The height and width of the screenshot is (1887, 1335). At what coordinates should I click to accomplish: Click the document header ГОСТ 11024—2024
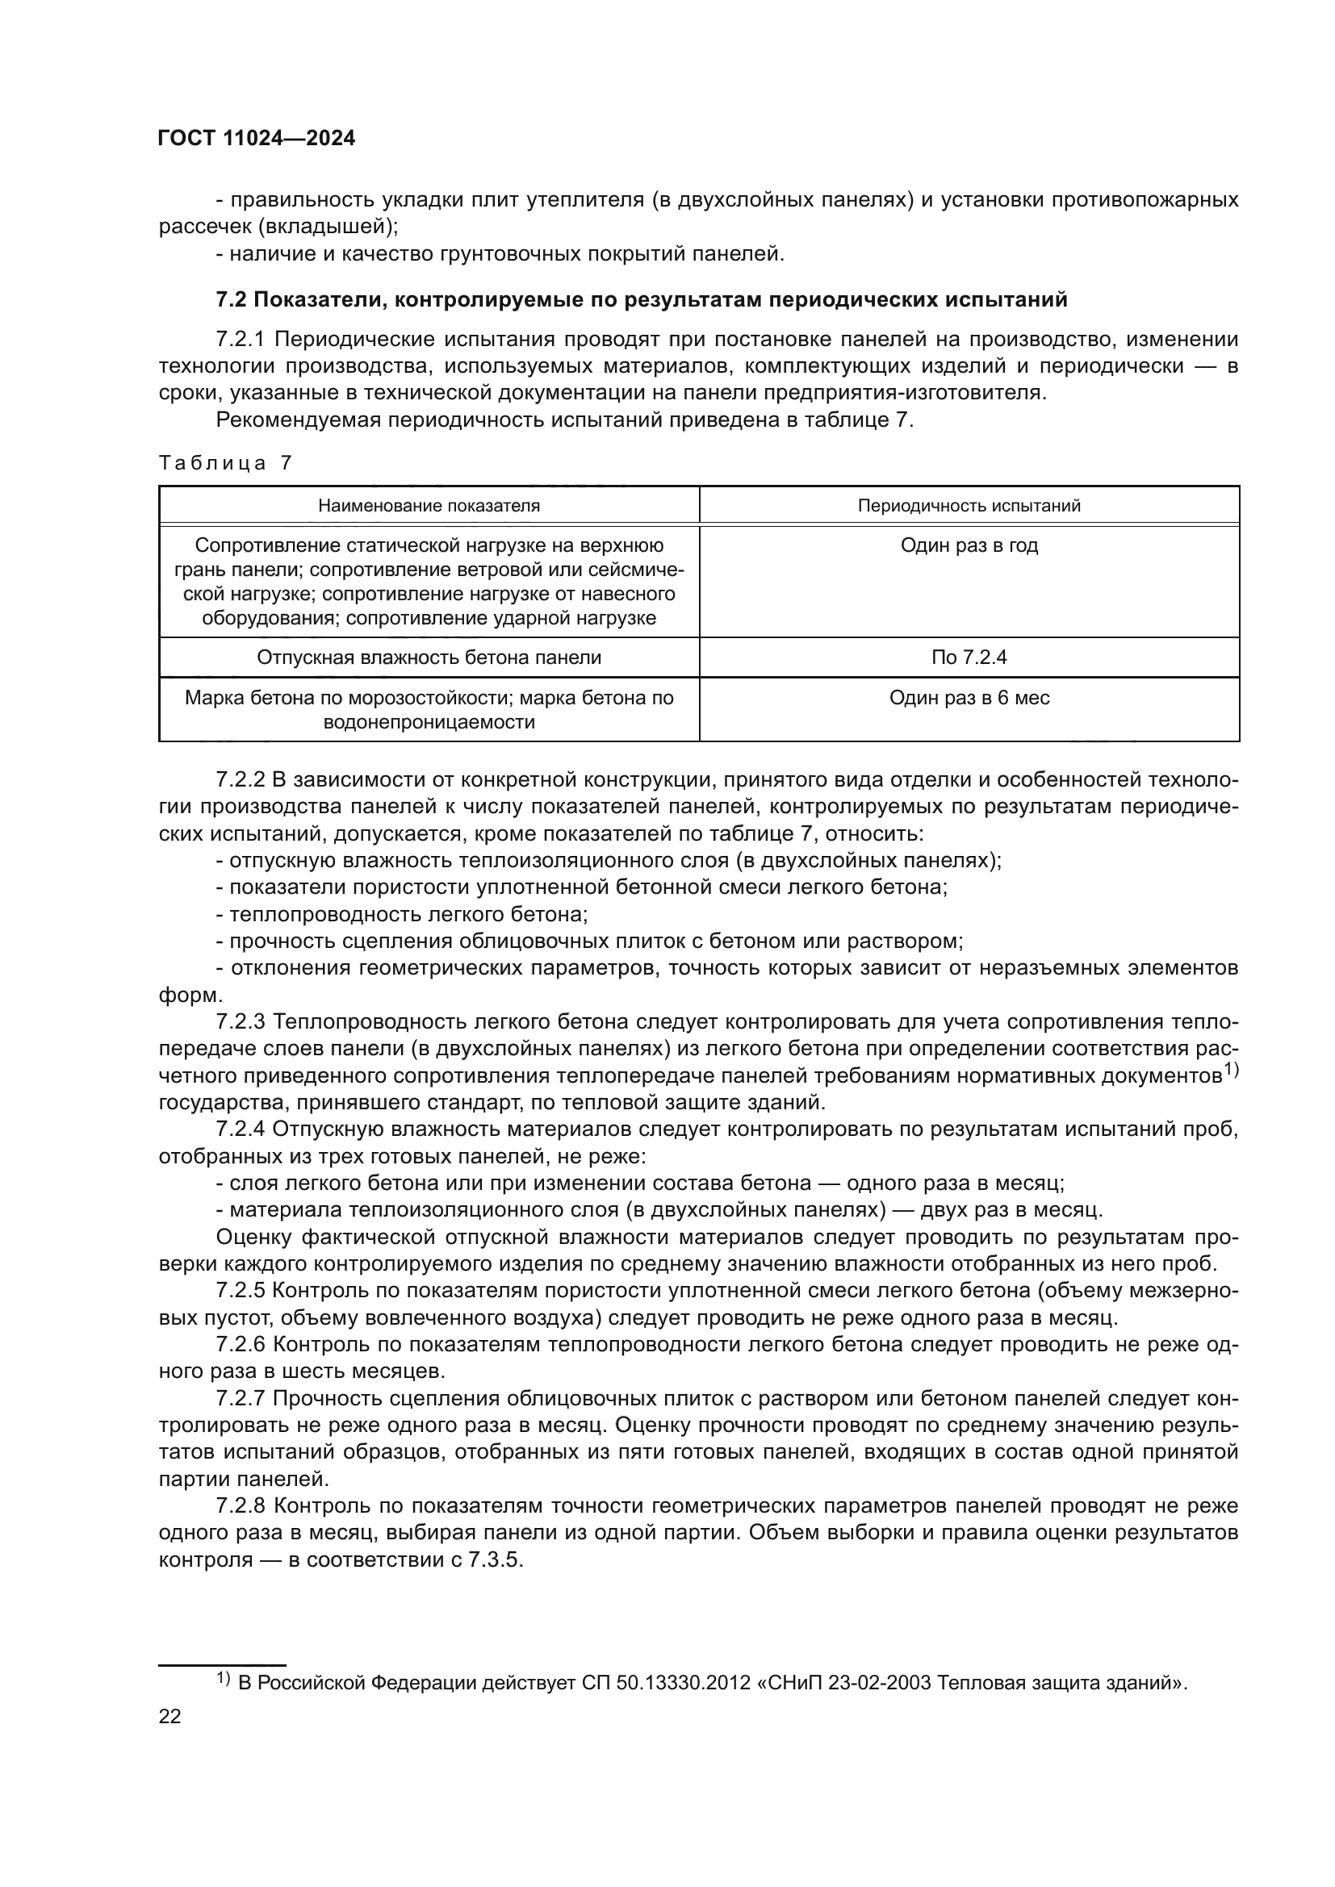coord(257,138)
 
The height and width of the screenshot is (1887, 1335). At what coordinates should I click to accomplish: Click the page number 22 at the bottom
coord(169,1716)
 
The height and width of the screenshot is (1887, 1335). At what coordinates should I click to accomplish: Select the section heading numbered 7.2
coord(641,300)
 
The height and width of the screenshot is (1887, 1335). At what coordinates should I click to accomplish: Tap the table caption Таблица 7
coord(225,463)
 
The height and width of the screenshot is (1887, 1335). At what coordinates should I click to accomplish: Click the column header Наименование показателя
coord(429,506)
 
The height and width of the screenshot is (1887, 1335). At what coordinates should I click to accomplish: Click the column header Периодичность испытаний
coord(969,506)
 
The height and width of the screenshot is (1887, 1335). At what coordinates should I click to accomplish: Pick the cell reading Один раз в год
coord(969,545)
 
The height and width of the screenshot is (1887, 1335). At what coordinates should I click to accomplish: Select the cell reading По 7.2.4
coord(969,658)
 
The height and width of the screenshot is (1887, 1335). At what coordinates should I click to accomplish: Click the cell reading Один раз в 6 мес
coord(969,698)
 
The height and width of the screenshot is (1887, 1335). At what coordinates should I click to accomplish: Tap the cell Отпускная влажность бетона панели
coord(429,658)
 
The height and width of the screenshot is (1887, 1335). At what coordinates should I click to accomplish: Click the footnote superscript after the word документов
coord(1231,1069)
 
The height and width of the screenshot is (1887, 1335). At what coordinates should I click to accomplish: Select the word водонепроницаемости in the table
coord(429,722)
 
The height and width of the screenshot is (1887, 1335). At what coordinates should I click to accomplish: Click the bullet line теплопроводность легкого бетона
coord(402,914)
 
